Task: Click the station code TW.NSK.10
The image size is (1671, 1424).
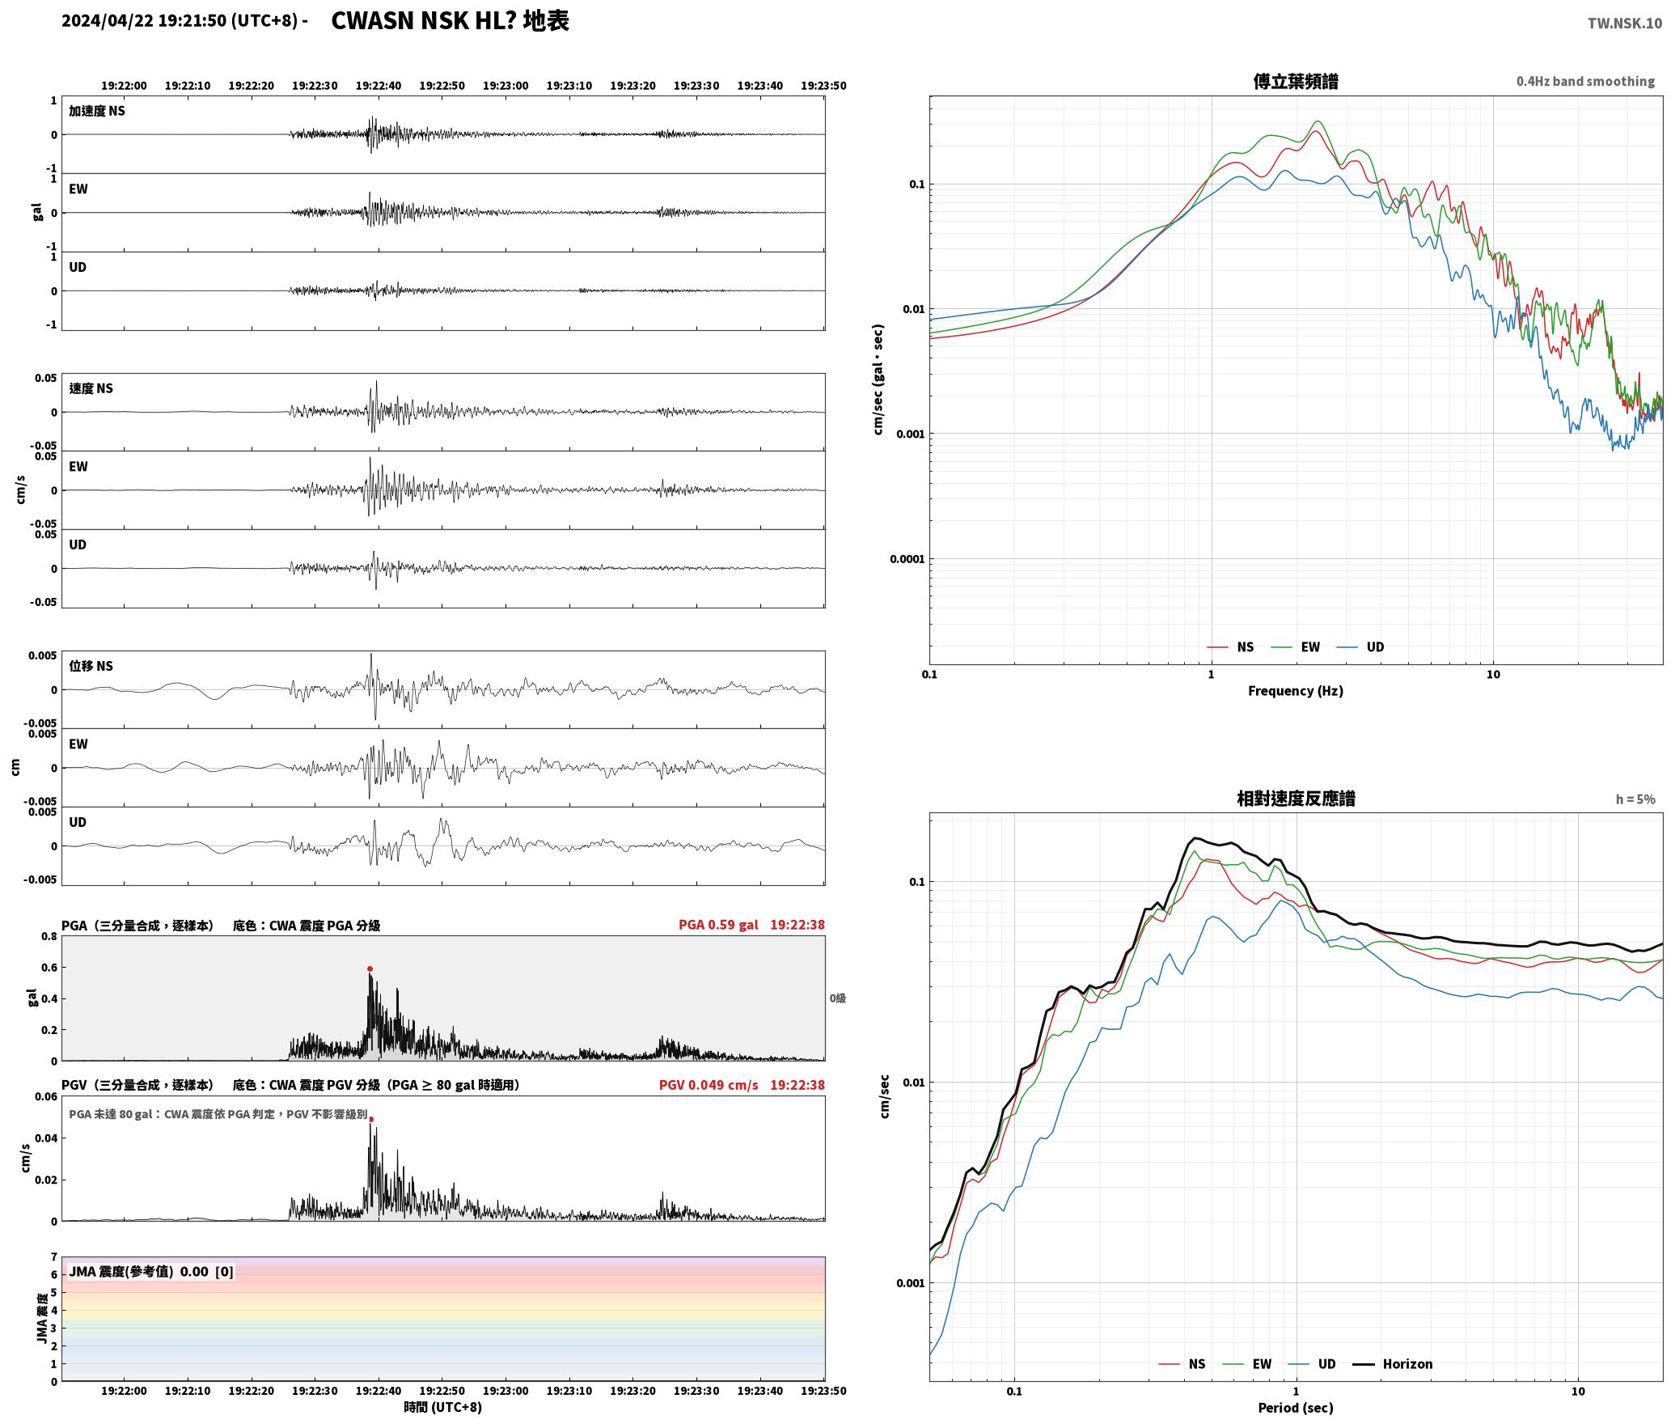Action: click(1625, 23)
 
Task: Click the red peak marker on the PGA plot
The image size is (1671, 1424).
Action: click(370, 968)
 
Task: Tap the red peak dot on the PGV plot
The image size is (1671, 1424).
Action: click(371, 1120)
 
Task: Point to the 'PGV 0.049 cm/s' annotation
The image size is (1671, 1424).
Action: click(709, 1085)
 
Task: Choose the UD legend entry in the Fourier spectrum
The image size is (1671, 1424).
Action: click(1360, 646)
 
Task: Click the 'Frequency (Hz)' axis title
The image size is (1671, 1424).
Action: click(1296, 691)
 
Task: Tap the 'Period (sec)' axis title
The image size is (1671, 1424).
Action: click(1296, 1408)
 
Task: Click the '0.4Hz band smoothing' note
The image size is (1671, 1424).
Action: click(1585, 81)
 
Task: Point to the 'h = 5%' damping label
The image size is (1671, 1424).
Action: click(1635, 799)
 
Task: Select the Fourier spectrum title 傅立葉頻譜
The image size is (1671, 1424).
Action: click(1296, 81)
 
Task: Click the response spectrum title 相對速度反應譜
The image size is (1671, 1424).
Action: click(1296, 799)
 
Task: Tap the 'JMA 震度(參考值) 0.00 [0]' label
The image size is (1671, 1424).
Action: click(151, 1271)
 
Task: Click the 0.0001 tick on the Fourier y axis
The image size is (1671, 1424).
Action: click(907, 559)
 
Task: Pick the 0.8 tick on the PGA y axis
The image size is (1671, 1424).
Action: click(49, 937)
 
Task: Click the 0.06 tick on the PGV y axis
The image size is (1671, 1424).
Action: click(46, 1097)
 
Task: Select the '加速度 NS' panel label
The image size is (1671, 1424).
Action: click(97, 111)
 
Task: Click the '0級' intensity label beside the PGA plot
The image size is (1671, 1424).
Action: click(838, 998)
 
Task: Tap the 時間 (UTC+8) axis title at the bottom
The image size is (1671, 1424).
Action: click(443, 1407)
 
